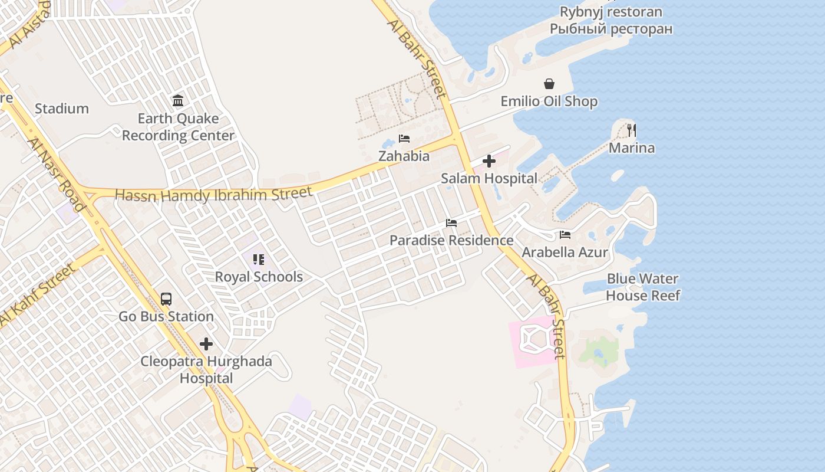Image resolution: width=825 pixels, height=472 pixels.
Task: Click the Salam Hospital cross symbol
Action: click(x=489, y=161)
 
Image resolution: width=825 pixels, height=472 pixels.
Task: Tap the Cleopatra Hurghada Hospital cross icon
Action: click(x=206, y=343)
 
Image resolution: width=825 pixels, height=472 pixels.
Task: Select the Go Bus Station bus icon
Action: click(x=166, y=299)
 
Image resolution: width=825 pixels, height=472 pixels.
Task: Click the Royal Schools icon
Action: click(x=258, y=260)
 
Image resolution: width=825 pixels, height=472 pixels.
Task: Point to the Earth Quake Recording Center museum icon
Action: click(x=178, y=101)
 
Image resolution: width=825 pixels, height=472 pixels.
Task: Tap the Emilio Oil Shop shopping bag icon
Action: click(x=549, y=84)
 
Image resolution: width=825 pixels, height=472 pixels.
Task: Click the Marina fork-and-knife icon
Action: click(x=632, y=130)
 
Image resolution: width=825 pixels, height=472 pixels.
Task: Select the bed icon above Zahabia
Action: click(x=404, y=139)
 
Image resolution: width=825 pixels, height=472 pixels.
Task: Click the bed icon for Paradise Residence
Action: click(x=451, y=223)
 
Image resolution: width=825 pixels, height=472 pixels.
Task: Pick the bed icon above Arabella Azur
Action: click(x=565, y=235)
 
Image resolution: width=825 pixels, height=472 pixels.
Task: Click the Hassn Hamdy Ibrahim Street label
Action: click(x=213, y=194)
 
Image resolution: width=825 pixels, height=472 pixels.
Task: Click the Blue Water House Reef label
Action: click(x=643, y=287)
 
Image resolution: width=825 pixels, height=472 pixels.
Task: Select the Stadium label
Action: click(x=62, y=109)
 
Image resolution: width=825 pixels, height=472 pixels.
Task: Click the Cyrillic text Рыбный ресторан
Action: click(x=611, y=28)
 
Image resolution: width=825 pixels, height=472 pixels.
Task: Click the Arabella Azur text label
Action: click(x=565, y=253)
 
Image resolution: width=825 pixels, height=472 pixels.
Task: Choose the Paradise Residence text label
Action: click(x=451, y=240)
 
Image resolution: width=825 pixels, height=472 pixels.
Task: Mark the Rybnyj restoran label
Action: click(x=611, y=12)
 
